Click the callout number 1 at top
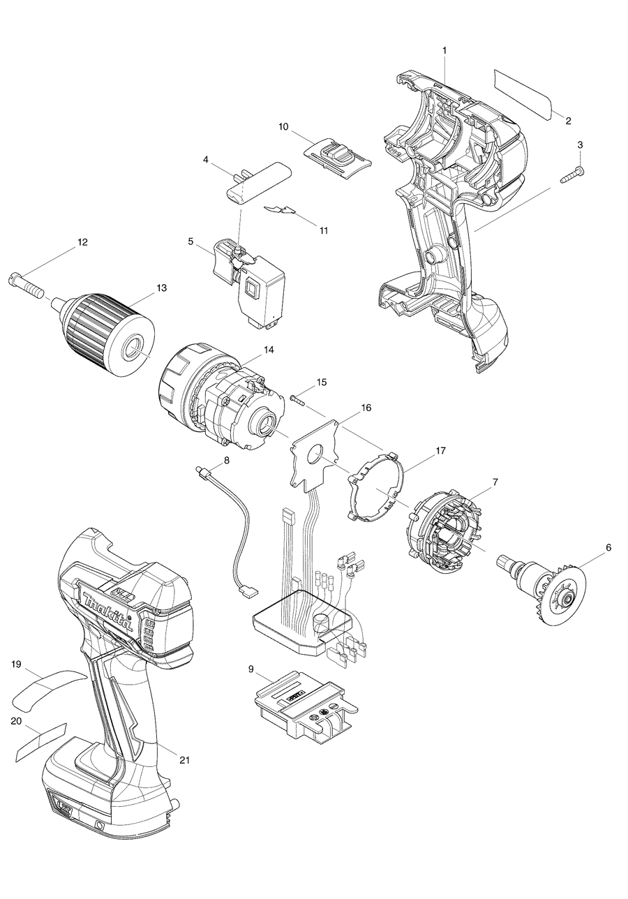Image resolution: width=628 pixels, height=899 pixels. pos(445,50)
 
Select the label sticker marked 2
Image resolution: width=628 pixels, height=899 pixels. pos(523,93)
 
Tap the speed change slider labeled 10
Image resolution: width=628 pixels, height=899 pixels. pos(338,154)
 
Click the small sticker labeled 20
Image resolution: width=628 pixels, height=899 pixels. pos(40,743)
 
